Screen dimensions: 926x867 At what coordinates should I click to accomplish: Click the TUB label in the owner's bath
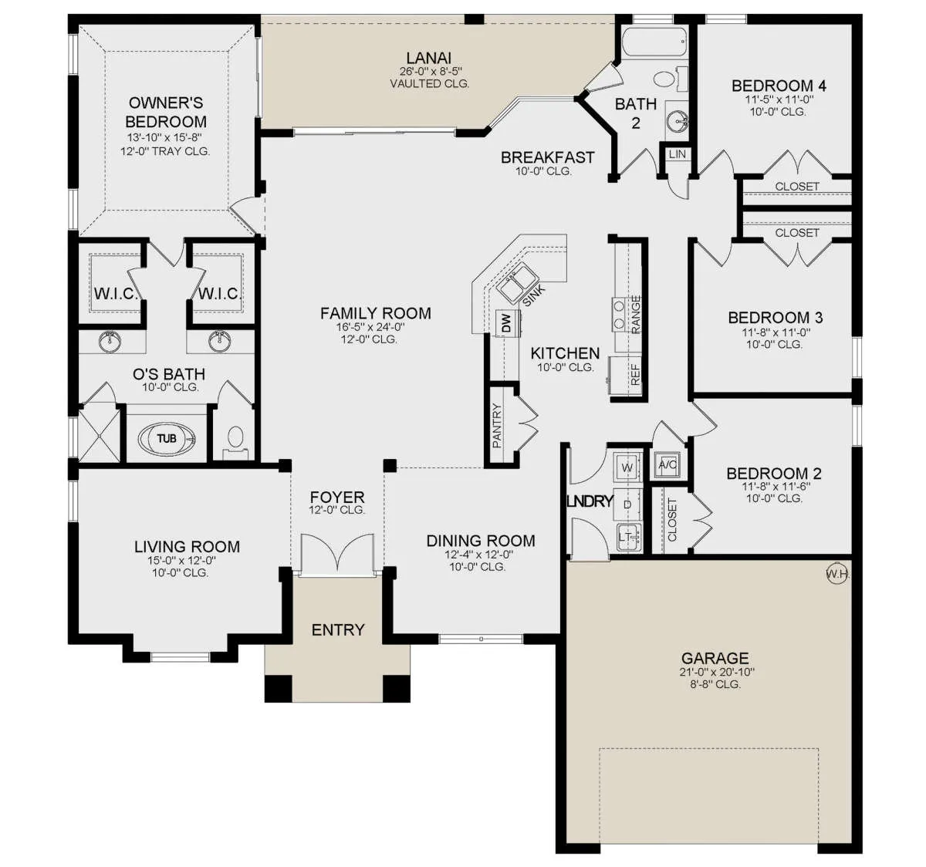[x=167, y=438]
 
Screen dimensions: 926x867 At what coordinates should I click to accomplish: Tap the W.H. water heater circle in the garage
[x=838, y=574]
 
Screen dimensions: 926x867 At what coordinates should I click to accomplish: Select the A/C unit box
[x=667, y=464]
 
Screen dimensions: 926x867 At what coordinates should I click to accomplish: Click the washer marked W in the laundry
[x=627, y=467]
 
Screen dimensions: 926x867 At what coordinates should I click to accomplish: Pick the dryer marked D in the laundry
[x=627, y=504]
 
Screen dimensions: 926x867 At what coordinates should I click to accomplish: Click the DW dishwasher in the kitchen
[x=507, y=322]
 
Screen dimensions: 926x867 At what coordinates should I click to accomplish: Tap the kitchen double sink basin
[x=518, y=280]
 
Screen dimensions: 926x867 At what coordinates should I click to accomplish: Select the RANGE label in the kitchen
[x=636, y=315]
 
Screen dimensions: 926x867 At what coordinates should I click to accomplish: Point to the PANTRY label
[x=497, y=425]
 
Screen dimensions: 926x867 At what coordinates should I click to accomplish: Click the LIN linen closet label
[x=677, y=154]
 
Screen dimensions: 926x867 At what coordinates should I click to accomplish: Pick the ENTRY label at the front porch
[x=338, y=629]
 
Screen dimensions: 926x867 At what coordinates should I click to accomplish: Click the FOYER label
[x=337, y=497]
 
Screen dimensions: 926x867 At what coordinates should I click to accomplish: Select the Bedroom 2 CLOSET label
[x=672, y=520]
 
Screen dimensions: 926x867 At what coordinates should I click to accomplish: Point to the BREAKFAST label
[x=548, y=157]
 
